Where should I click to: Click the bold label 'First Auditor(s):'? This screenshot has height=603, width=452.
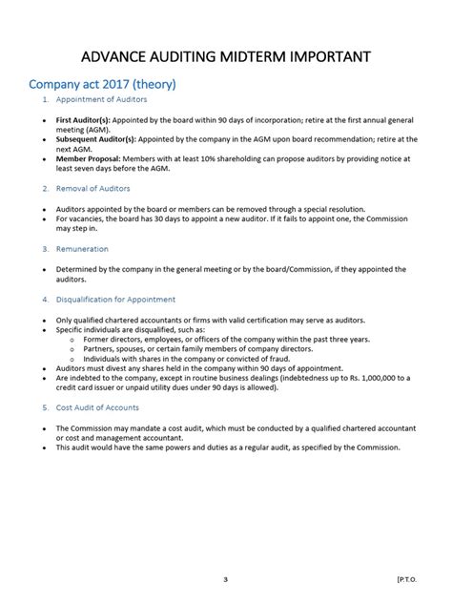[84, 121]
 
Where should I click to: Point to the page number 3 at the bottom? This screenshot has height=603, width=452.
[225, 579]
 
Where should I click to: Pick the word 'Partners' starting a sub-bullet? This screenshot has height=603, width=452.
[100, 349]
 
